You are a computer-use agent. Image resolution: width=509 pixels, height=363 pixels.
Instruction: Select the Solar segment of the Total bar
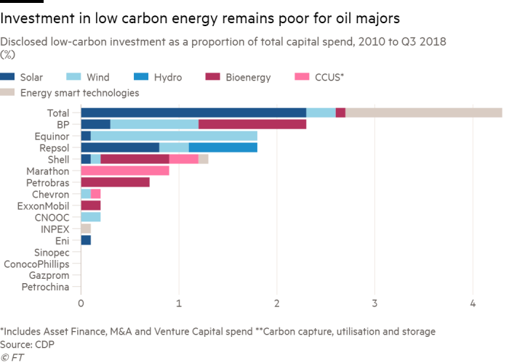pyautogui.click(x=193, y=113)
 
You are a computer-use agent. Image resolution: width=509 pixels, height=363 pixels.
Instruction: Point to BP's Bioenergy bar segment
pyautogui.click(x=252, y=124)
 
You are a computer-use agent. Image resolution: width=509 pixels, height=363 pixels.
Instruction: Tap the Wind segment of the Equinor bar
pyautogui.click(x=174, y=136)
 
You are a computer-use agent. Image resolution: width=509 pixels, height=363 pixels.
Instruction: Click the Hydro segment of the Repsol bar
pyautogui.click(x=223, y=147)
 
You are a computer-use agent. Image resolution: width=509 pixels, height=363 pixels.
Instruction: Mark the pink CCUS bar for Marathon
pyautogui.click(x=125, y=171)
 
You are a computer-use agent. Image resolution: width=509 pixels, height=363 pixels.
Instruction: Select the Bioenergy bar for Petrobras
pyautogui.click(x=115, y=182)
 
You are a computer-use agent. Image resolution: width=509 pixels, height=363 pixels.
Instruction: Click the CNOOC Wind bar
pyautogui.click(x=91, y=217)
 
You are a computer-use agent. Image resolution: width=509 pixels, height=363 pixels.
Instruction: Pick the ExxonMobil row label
pyautogui.click(x=48, y=205)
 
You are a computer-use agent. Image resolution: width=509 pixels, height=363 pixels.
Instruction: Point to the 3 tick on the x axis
pyautogui.click(x=374, y=303)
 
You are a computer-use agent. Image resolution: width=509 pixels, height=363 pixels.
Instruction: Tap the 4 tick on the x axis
pyautogui.click(x=473, y=303)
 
